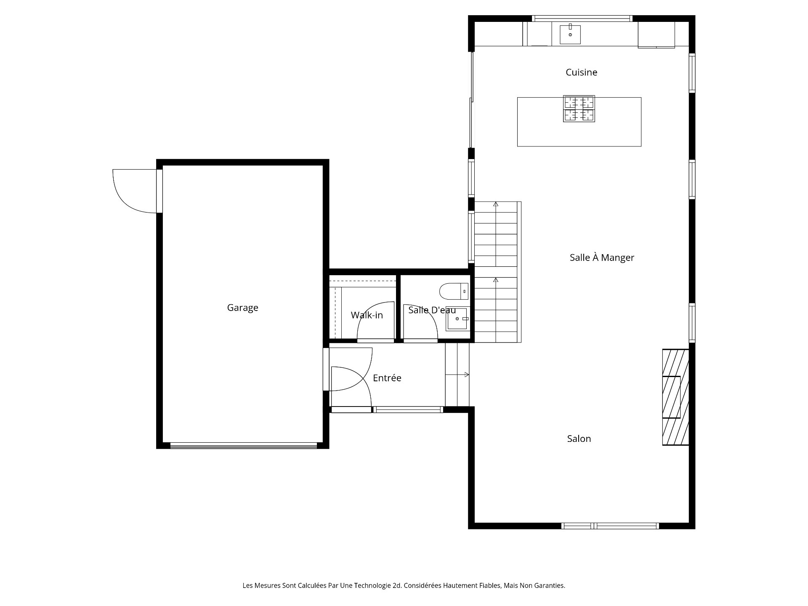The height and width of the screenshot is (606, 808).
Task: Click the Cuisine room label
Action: point(581,72)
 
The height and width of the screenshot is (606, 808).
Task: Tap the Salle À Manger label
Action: point(602,257)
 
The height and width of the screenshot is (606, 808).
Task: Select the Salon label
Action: point(579,439)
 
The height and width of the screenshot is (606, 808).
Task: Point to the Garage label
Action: point(242,308)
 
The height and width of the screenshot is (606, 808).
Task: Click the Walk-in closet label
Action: point(367,315)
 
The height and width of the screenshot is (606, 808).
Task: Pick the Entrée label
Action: point(387,378)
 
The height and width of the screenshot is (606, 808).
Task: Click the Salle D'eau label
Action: point(432,310)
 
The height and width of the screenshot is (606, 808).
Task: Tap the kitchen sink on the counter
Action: point(570,34)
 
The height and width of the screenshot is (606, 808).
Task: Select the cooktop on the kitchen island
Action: point(579,109)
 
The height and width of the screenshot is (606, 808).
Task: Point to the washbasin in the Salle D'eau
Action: point(457,319)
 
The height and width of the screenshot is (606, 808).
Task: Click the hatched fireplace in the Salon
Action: point(676,397)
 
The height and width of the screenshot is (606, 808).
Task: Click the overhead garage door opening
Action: point(244,446)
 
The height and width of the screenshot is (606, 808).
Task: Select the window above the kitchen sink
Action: point(582,19)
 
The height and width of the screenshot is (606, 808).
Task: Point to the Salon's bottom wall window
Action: point(610,526)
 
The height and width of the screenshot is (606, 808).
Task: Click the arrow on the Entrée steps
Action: point(457,375)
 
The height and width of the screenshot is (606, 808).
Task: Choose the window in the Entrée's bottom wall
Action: point(408,409)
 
